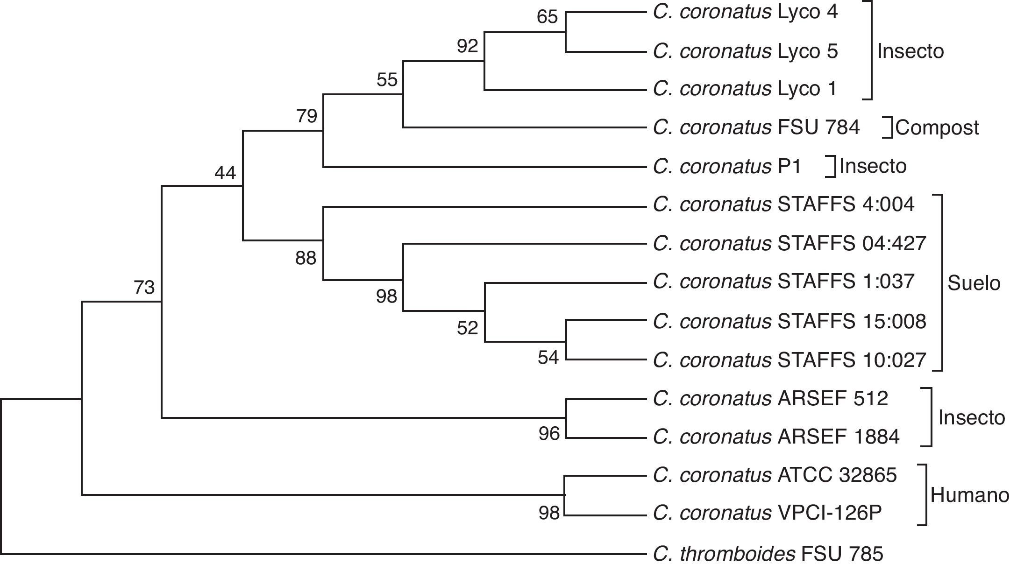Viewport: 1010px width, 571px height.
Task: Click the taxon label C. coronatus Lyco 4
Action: tap(745, 13)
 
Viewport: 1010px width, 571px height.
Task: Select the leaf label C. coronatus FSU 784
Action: tap(756, 127)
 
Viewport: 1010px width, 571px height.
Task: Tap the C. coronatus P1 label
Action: tap(727, 166)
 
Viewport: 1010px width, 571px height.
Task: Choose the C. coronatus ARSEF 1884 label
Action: tap(776, 437)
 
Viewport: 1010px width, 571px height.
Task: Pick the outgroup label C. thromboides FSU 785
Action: tap(768, 554)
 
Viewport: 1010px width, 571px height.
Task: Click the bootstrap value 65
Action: tap(547, 17)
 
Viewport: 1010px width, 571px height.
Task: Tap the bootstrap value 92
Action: tap(467, 46)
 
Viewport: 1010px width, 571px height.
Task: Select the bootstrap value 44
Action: tap(225, 174)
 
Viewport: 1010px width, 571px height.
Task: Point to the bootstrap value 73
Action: tap(144, 288)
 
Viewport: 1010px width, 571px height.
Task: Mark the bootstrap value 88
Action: tap(306, 258)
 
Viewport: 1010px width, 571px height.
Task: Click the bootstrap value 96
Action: tap(548, 434)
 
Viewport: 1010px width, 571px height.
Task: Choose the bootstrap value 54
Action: tap(548, 358)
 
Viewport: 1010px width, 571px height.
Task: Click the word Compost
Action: tap(937, 128)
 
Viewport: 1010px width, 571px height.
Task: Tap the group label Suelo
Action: tap(974, 283)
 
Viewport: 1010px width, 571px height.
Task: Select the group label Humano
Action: tap(969, 495)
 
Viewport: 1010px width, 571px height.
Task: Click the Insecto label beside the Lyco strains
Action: tap(910, 51)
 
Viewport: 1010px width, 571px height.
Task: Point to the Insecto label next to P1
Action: tap(873, 166)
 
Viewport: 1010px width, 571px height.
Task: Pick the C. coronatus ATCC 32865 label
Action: tap(775, 475)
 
